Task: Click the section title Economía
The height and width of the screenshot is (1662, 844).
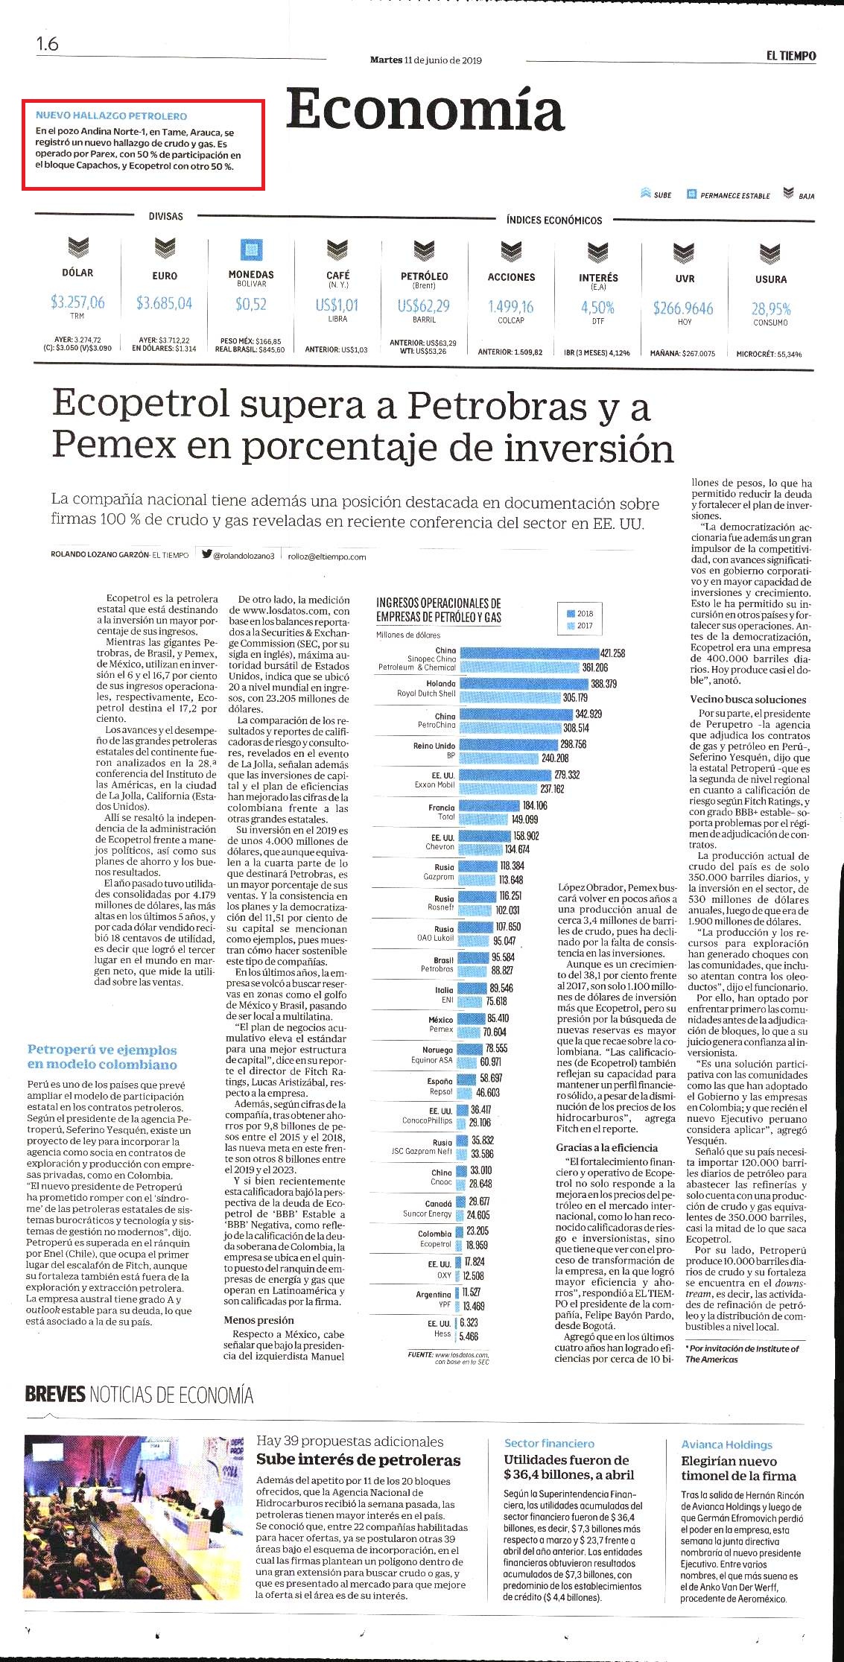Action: pyautogui.click(x=425, y=110)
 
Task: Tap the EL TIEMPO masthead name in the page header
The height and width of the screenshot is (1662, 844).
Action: pyautogui.click(x=791, y=56)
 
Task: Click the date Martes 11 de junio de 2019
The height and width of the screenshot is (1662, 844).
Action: pyautogui.click(x=425, y=60)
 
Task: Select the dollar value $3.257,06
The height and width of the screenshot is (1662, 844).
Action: pyautogui.click(x=77, y=302)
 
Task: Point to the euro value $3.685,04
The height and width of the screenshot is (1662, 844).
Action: pyautogui.click(x=164, y=302)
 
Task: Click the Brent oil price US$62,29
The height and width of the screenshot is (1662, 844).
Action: pyautogui.click(x=424, y=305)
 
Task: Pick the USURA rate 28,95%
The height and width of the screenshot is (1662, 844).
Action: pyautogui.click(x=771, y=308)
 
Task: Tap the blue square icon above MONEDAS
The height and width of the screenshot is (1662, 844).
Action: pyautogui.click(x=251, y=250)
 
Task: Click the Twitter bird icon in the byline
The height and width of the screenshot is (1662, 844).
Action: pyautogui.click(x=207, y=554)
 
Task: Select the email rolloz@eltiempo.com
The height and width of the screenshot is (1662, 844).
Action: pyautogui.click(x=327, y=556)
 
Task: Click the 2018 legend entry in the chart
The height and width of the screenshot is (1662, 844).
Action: pyautogui.click(x=580, y=613)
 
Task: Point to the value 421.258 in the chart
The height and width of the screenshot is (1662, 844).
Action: pyautogui.click(x=612, y=653)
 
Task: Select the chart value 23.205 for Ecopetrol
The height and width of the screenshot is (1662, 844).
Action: pyautogui.click(x=477, y=1231)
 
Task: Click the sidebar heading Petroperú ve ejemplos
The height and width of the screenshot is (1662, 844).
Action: pyautogui.click(x=102, y=1050)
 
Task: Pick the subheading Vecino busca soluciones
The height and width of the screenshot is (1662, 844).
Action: pyautogui.click(x=748, y=700)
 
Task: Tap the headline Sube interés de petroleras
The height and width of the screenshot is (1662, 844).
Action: pyautogui.click(x=358, y=1459)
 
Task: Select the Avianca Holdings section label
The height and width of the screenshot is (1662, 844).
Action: pyautogui.click(x=726, y=1444)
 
